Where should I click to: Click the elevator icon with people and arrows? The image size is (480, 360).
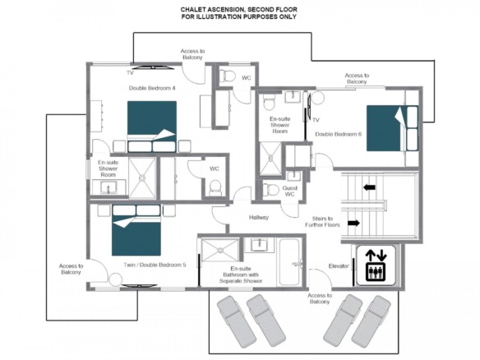tap(376, 265)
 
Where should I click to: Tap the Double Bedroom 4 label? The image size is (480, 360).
tap(152, 88)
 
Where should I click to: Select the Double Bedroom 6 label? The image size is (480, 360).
tap(338, 134)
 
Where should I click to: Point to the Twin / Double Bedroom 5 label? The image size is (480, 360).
tap(155, 265)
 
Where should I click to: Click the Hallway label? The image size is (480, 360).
tap(259, 217)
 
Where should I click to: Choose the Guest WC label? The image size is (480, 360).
tap(289, 191)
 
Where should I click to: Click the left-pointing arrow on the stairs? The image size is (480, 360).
tap(369, 187)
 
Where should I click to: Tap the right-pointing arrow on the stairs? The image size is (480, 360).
tap(353, 224)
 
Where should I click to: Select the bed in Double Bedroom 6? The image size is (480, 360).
tap(392, 128)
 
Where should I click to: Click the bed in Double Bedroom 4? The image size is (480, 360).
tap(152, 127)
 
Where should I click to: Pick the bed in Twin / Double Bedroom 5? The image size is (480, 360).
tap(136, 230)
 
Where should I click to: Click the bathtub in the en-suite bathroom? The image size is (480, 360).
tap(289, 263)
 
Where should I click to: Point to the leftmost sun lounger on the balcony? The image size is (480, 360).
tap(236, 321)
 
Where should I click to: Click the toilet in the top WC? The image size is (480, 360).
tap(227, 76)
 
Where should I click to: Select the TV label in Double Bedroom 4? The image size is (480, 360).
tap(130, 73)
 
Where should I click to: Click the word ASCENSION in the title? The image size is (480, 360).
tap(224, 10)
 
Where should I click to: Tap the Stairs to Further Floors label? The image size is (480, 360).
tap(322, 222)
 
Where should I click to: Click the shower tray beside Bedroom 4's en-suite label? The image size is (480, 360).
tap(142, 178)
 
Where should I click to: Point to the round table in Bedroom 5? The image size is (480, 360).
tap(116, 279)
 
